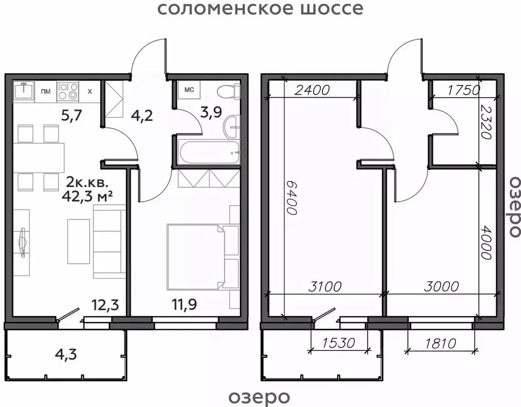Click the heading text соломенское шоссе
pyautogui.click(x=260, y=9)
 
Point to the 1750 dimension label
pyautogui.click(x=463, y=90)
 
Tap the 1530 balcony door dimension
pyautogui.click(x=339, y=343)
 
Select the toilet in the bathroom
pyautogui.click(x=229, y=91)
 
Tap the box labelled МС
pyautogui.click(x=188, y=90)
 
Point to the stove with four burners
pyautogui.click(x=68, y=91)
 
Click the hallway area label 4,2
pyautogui.click(x=141, y=115)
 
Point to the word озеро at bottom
pyautogui.click(x=259, y=396)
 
